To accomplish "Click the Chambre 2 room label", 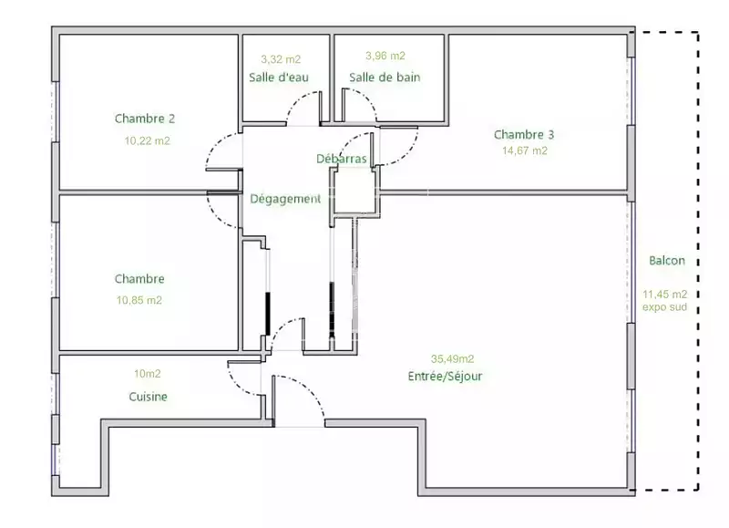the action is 145,119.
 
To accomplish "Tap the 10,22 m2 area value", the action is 148,141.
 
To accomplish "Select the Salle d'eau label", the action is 279,78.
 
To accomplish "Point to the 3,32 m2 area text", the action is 281,59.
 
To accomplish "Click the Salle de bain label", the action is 385,78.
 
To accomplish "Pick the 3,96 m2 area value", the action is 385,56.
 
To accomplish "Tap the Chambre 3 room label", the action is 524,135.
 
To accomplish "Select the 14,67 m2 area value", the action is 525,150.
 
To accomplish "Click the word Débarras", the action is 342,159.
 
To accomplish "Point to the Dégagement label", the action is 285,199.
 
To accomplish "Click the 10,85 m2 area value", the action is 139,301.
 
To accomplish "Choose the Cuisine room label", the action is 148,397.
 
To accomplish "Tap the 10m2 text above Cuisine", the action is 148,374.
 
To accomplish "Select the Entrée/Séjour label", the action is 445,377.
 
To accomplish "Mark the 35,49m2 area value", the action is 452,358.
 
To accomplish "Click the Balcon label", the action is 667,261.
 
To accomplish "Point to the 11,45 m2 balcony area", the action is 665,294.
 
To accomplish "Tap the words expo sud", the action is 664,307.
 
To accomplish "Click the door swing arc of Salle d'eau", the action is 302,106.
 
